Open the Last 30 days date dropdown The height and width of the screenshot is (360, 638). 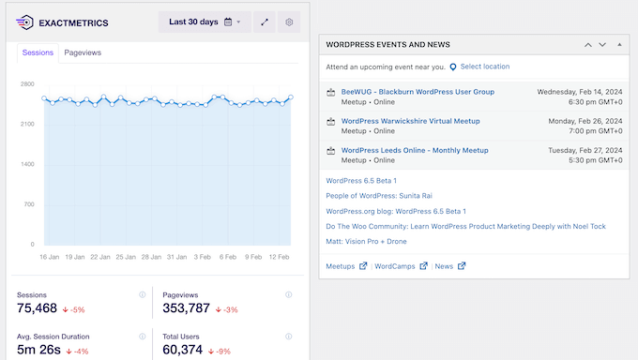[x=205, y=22]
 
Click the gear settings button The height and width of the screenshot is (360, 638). [x=289, y=22]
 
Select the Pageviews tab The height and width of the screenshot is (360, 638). [x=83, y=52]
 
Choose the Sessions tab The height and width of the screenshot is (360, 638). [x=38, y=52]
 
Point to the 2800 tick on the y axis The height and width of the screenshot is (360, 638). [x=26, y=83]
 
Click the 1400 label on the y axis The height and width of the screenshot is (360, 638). [x=26, y=164]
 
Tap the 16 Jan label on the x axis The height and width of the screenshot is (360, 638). [x=51, y=256]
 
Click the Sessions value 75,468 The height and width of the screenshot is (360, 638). [x=37, y=308]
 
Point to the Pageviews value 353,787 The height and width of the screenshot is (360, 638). [x=187, y=308]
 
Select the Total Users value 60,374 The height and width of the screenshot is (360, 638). [x=184, y=350]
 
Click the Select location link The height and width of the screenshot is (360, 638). [x=484, y=67]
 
